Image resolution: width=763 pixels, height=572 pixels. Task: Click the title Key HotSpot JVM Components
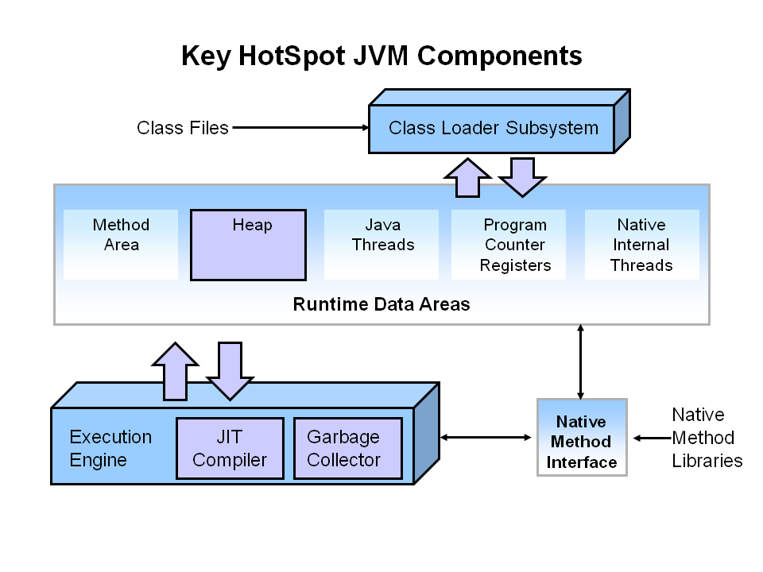381,56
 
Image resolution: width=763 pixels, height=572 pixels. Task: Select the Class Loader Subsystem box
493,128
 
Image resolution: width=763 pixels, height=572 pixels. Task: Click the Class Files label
182,127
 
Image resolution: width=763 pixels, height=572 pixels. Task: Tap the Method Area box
121,244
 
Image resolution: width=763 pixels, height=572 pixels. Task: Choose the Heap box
248,245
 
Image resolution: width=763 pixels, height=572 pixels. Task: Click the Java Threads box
382,244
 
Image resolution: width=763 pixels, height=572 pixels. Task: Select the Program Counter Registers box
509,245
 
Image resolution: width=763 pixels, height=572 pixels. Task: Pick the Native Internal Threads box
641,245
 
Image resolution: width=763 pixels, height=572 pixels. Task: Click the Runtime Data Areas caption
381,304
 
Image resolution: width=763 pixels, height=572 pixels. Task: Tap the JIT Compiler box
230,448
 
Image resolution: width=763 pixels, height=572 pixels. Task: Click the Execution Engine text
110,448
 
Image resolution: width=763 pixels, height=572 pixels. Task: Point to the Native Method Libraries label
707,437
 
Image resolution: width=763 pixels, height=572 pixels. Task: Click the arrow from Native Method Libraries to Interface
651,437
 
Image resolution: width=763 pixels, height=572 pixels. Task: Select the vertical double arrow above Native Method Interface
581,361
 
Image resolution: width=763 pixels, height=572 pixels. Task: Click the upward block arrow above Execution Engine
175,371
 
